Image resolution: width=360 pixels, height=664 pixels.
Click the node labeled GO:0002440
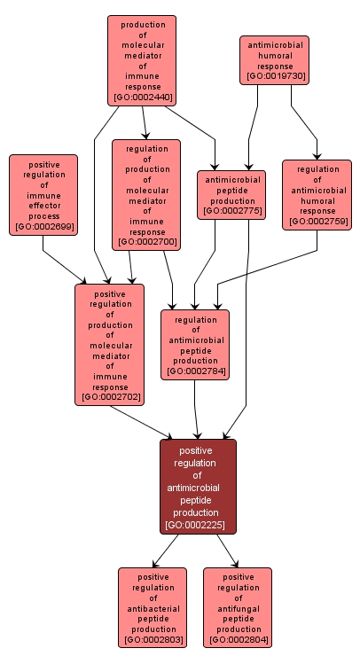(x=142, y=60)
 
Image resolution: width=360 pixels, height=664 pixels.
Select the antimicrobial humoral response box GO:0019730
(x=275, y=59)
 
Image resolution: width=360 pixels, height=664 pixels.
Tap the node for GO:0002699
(x=43, y=195)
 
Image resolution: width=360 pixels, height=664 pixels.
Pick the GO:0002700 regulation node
(x=145, y=194)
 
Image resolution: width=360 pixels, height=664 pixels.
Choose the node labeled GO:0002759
(x=317, y=194)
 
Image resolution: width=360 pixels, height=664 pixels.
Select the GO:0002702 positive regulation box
(x=110, y=345)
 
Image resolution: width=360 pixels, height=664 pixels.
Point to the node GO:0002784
(x=195, y=344)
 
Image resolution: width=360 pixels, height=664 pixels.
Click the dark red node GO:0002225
(x=198, y=487)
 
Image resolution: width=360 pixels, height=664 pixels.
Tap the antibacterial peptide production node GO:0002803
(x=153, y=607)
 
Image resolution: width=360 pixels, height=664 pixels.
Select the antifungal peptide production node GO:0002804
(x=238, y=607)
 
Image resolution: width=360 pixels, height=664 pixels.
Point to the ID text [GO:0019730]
(x=276, y=76)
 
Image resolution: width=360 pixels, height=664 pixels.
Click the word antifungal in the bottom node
(x=238, y=608)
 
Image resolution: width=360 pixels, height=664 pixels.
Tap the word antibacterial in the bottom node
(x=153, y=608)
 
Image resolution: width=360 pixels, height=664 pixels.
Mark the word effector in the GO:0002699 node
(x=43, y=205)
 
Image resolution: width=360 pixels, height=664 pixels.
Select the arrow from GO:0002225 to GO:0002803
(x=167, y=551)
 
